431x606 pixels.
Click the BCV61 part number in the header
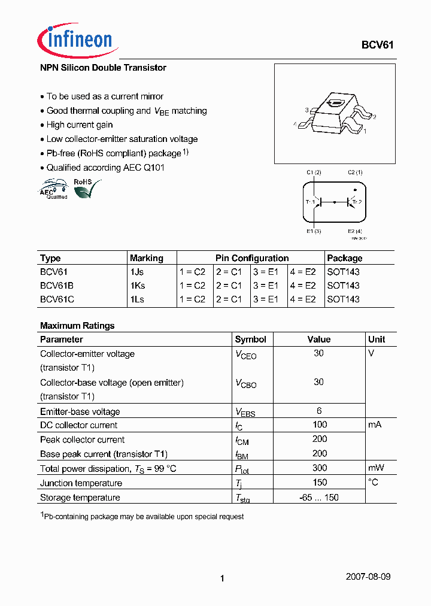click(x=377, y=45)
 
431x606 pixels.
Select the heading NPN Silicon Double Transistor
click(x=103, y=68)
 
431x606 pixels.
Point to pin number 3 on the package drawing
click(x=306, y=110)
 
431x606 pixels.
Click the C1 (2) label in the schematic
click(x=314, y=172)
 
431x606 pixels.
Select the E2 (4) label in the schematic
click(x=354, y=231)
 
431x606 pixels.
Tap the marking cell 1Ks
click(x=138, y=285)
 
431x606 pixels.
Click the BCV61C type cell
click(x=57, y=299)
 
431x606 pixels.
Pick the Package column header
click(x=345, y=258)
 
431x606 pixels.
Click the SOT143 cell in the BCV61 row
click(x=343, y=271)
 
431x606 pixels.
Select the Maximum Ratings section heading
click(x=77, y=326)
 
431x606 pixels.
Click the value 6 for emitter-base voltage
click(x=319, y=411)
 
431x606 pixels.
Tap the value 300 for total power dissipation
click(x=319, y=468)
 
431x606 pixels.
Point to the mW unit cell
click(x=376, y=468)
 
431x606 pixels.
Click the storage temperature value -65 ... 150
click(x=319, y=497)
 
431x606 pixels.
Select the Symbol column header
click(x=250, y=339)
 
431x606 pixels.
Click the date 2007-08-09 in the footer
click(x=368, y=577)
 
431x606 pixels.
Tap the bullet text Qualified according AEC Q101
click(x=105, y=168)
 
